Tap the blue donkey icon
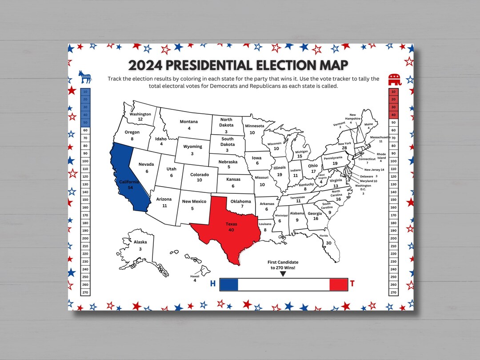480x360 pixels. tap(85, 77)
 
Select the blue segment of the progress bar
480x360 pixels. tap(229, 284)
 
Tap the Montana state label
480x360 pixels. tap(189, 122)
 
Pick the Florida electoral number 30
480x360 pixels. tap(328, 243)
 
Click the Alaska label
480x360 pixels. tap(140, 242)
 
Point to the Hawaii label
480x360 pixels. tap(195, 276)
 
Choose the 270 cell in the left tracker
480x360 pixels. tap(85, 292)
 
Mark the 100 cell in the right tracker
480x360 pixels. tap(393, 161)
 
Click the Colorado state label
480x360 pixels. tap(199, 175)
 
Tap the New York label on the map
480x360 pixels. tap(344, 144)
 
